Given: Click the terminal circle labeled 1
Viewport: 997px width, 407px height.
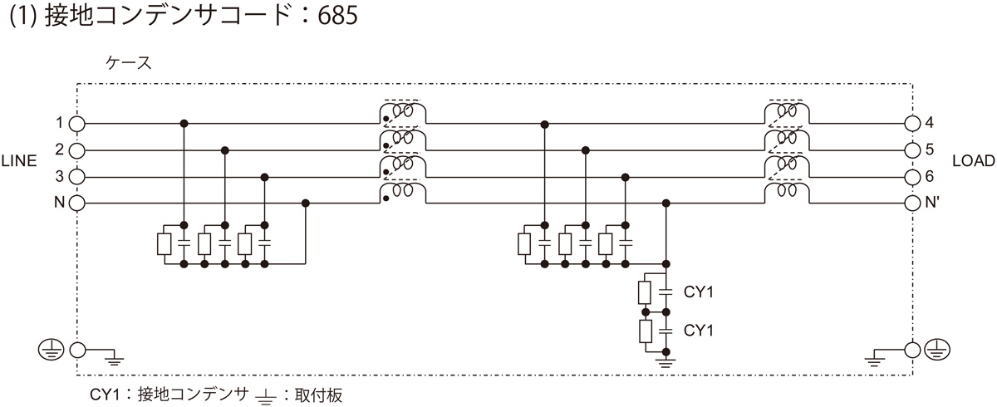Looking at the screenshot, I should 76,123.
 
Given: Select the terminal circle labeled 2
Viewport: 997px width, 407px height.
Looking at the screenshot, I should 76,150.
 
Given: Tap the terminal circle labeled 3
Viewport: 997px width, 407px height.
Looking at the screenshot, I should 76,177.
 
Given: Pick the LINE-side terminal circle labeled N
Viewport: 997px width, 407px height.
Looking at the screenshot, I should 76,203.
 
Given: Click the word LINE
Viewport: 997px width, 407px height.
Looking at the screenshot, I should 20,163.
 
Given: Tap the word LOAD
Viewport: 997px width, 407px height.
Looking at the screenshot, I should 969,163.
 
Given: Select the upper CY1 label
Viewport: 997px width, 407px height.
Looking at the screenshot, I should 699,292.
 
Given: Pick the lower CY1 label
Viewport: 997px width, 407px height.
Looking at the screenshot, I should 699,331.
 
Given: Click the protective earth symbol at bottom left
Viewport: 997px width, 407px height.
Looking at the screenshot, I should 49,350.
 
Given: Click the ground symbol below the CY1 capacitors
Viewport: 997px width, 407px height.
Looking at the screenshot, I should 665,360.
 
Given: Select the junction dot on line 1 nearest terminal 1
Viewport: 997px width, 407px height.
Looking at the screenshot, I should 184,123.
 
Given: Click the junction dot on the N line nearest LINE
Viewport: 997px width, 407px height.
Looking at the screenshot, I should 306,203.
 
